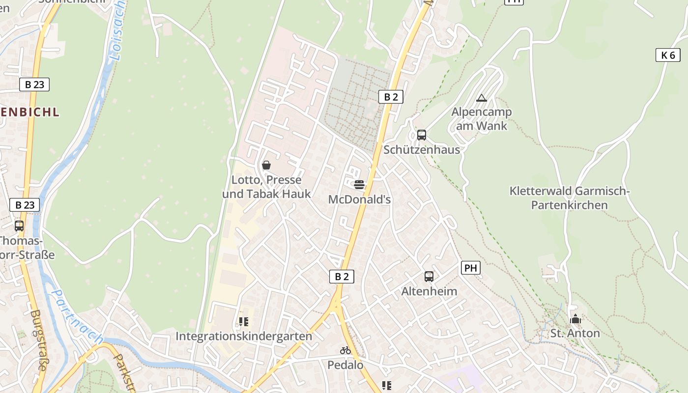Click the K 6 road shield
668,55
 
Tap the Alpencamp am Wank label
482,118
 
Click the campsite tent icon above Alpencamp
482,98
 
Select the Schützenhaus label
422,150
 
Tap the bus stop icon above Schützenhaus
422,135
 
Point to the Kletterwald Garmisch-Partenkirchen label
570,198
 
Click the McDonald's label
359,199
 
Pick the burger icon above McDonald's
359,185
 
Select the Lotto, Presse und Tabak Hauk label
266,187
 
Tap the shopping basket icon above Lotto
266,165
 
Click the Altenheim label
429,291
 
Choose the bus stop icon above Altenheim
429,277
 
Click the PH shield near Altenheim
470,268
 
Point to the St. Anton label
575,334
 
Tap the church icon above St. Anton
575,319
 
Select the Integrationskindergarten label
244,337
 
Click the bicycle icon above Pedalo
345,350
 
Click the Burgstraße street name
39,339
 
